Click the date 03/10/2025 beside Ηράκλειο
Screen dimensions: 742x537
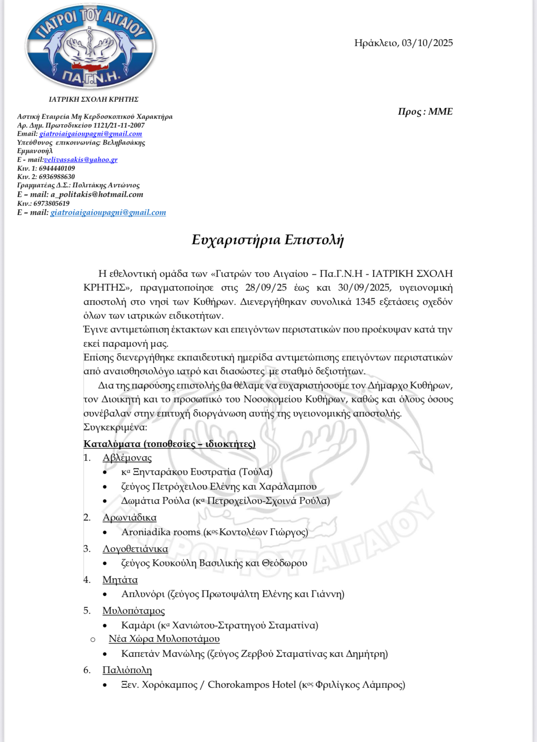click(427, 43)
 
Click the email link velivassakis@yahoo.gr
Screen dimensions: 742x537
click(81, 160)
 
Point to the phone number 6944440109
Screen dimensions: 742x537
click(57, 168)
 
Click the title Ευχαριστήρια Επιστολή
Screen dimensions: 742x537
click(268, 240)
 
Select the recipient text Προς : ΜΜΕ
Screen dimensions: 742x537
click(425, 112)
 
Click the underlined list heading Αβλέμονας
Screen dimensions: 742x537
click(127, 458)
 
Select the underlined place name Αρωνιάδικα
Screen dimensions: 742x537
click(130, 518)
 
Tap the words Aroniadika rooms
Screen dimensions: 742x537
click(161, 532)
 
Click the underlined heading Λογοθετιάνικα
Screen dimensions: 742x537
click(135, 549)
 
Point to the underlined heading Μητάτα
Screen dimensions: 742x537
click(120, 580)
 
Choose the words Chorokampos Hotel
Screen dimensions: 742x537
click(252, 685)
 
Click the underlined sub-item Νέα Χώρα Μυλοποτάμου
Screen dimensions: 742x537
click(164, 639)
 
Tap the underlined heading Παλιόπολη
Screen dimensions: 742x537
click(127, 670)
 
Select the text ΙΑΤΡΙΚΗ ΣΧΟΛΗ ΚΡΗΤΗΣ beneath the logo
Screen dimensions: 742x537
click(94, 99)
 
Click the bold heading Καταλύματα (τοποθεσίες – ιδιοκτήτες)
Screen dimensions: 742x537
click(169, 444)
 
